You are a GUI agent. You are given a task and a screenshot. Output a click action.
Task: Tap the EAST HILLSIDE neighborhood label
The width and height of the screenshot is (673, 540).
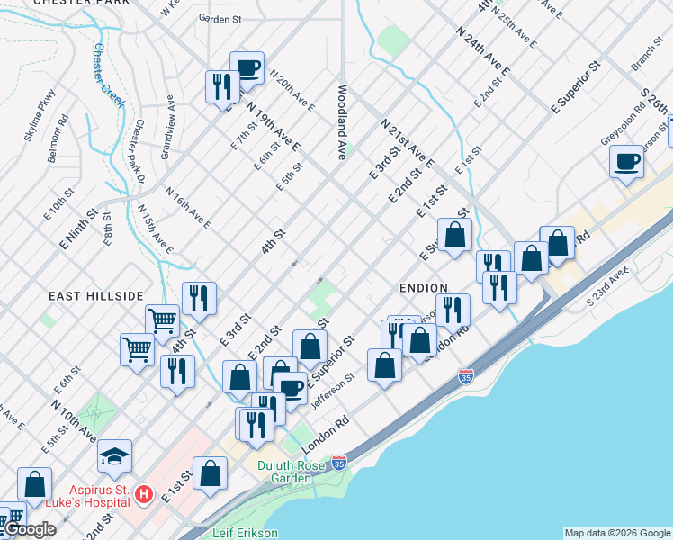pos(96,295)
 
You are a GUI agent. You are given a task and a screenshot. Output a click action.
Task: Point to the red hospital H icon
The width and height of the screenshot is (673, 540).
pos(142,493)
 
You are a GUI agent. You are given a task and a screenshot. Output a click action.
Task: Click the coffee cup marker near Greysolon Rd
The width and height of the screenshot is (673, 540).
pos(626,162)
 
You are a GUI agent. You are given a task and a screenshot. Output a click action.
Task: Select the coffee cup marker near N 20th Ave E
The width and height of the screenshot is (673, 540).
pos(247,67)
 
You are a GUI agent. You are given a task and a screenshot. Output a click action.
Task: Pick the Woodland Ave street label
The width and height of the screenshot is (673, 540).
pos(343,122)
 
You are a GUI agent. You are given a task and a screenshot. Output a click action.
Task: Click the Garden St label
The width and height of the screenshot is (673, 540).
pos(220,18)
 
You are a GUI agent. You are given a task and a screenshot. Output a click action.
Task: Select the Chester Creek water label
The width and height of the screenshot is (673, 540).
pos(110,73)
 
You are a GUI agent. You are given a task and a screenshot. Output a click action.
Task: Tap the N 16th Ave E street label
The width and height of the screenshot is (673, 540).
pos(188,208)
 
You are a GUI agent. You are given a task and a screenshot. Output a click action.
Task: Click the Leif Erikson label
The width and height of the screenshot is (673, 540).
pos(246,532)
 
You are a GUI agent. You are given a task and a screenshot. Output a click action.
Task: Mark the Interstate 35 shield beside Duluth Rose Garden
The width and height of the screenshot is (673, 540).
pos(338,463)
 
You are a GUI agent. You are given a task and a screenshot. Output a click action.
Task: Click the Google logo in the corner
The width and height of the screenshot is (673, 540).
pos(30,530)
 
